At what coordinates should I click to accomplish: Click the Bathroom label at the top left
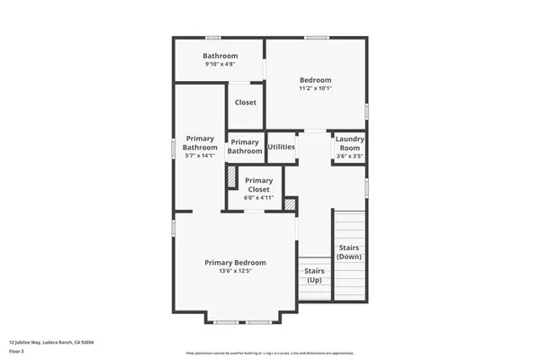(x=220, y=56)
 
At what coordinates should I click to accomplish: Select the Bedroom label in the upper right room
(x=315, y=80)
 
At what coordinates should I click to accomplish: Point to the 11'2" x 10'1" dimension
(x=315, y=88)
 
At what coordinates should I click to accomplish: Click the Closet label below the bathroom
(x=245, y=103)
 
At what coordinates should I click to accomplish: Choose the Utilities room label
(x=282, y=146)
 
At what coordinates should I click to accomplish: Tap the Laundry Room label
(x=349, y=143)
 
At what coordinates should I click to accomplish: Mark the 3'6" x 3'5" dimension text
(x=349, y=157)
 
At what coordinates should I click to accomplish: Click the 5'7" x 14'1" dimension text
(x=200, y=156)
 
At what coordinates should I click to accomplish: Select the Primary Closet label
(x=257, y=184)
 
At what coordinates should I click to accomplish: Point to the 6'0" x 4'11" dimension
(x=257, y=198)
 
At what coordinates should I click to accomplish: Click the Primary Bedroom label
(x=235, y=263)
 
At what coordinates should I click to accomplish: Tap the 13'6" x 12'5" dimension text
(x=235, y=272)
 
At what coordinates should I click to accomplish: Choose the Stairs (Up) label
(x=314, y=275)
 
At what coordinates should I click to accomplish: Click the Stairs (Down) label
(x=349, y=252)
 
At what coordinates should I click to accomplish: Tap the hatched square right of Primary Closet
(x=289, y=204)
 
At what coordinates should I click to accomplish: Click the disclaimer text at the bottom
(x=270, y=354)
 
